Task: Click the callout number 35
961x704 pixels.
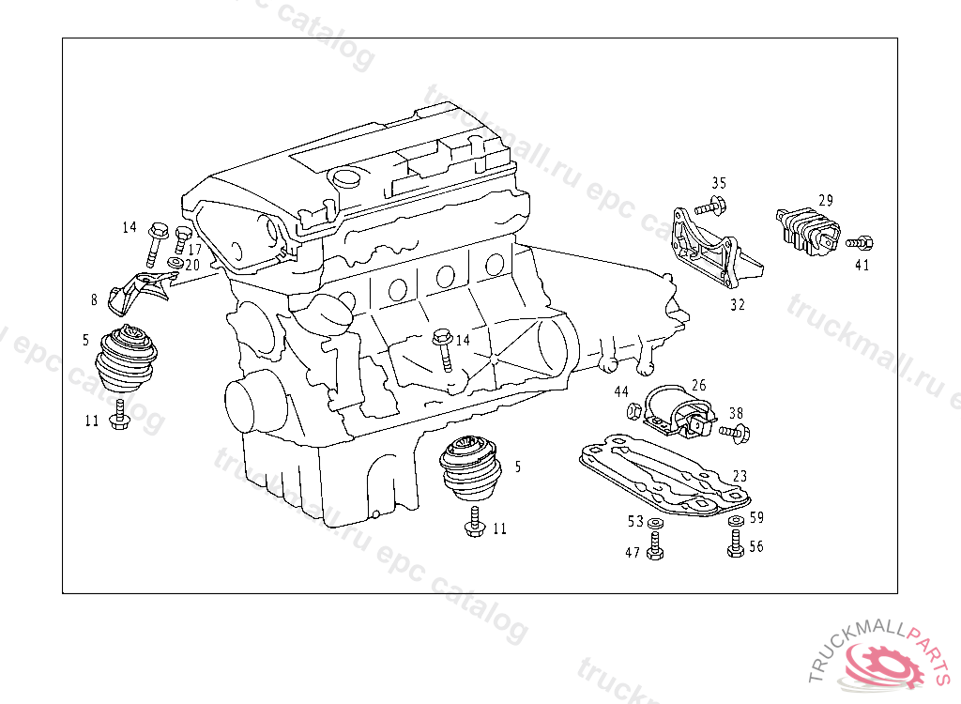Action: tap(719, 183)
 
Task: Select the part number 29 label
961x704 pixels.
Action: tap(825, 200)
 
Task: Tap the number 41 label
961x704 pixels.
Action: tap(862, 265)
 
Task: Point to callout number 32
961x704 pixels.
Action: tap(737, 304)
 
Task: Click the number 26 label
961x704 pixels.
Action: tap(698, 385)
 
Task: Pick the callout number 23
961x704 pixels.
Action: tap(740, 477)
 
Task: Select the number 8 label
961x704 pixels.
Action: tap(94, 300)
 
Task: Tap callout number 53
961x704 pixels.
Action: tap(635, 521)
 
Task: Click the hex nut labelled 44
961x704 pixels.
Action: tap(633, 410)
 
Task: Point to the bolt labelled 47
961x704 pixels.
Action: tap(654, 545)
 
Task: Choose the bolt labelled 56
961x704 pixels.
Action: tap(735, 543)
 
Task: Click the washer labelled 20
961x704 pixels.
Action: tap(175, 263)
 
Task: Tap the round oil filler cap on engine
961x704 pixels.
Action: tap(346, 178)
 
